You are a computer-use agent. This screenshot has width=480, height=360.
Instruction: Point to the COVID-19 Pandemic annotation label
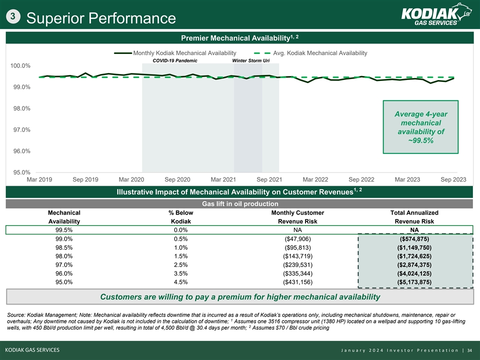[x=175, y=60]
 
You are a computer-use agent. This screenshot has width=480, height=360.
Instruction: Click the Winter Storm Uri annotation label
[x=251, y=60]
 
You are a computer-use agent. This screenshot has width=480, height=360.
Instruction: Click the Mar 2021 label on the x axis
[x=223, y=179]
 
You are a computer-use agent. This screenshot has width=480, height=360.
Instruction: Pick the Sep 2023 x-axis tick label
[x=453, y=179]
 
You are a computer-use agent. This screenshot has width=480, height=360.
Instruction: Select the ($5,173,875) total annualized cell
[x=414, y=282]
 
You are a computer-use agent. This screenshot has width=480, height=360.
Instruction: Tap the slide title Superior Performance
[x=101, y=18]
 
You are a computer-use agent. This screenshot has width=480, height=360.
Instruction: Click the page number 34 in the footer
[x=469, y=349]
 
